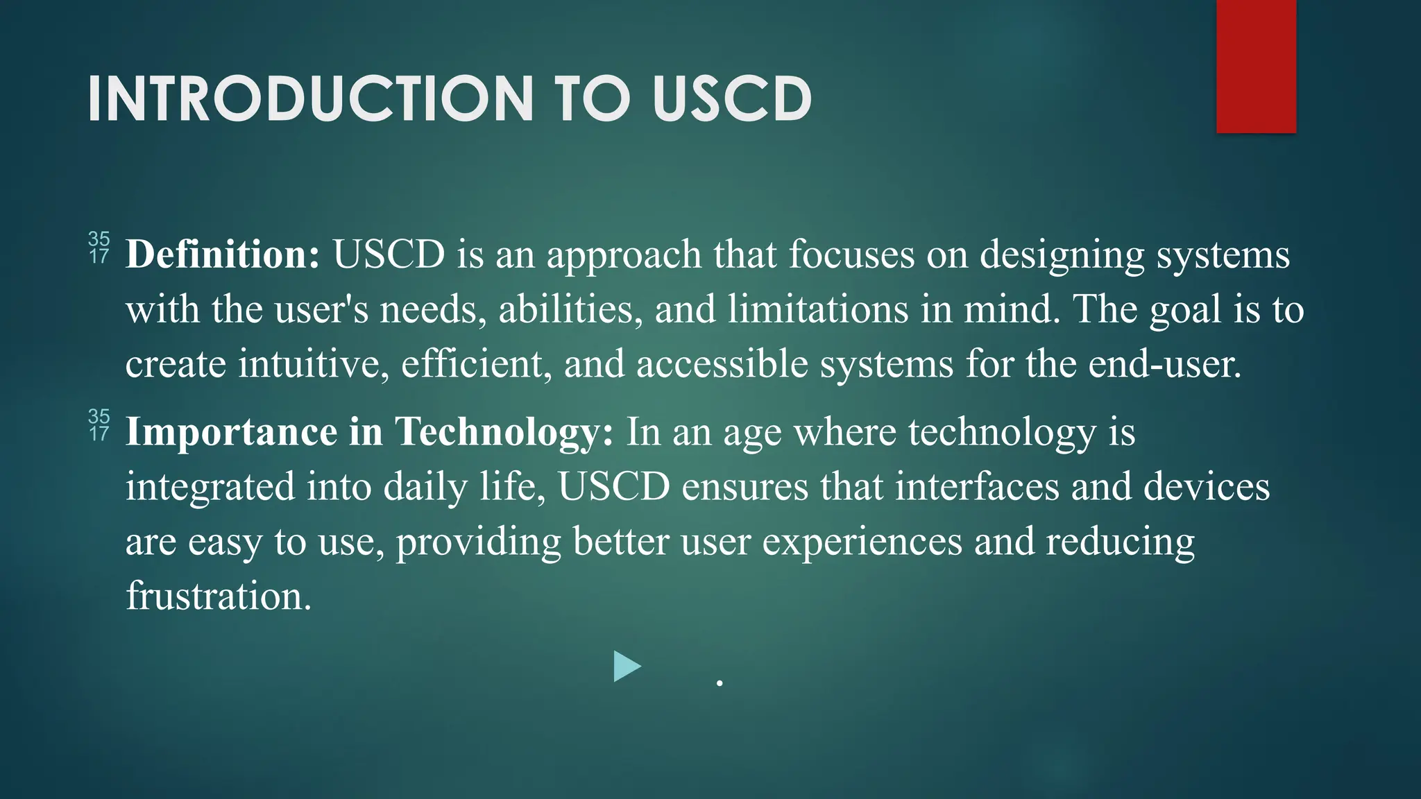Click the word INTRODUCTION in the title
pyautogui.click(x=310, y=99)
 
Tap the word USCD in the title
pyautogui.click(x=732, y=99)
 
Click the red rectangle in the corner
pyautogui.click(x=1256, y=67)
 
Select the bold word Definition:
pyautogui.click(x=223, y=254)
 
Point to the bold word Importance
pyautogui.click(x=231, y=431)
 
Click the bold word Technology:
pyautogui.click(x=504, y=431)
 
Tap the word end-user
pyautogui.click(x=1164, y=363)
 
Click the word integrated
pyautogui.click(x=210, y=487)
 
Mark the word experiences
pyautogui.click(x=862, y=542)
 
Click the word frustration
pyautogui.click(x=219, y=595)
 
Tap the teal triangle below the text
pyautogui.click(x=626, y=667)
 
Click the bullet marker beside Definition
pyautogui.click(x=99, y=248)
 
